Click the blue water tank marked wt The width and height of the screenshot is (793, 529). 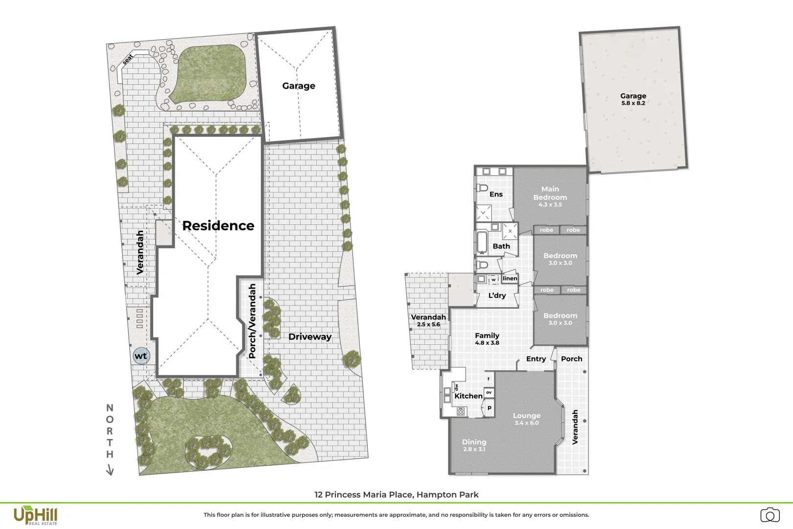point(141,356)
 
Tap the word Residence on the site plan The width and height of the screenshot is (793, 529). point(218,226)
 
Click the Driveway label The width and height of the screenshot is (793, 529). point(310,337)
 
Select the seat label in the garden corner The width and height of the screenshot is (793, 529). point(128,59)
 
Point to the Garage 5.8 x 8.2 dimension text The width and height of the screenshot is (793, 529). point(633,103)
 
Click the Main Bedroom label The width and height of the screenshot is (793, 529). point(550,193)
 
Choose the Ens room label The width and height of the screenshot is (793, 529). point(496,194)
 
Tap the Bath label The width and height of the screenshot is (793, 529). point(501,246)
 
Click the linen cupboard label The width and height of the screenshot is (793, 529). point(510,278)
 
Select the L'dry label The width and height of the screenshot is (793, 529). point(497,295)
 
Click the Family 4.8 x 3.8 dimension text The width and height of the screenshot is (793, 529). point(487,343)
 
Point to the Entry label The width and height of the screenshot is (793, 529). point(536,359)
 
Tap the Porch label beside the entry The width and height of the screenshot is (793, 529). point(571,359)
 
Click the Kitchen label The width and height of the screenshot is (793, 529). point(468,396)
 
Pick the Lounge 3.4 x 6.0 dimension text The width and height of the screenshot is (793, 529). point(527,423)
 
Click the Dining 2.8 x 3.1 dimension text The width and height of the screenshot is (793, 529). point(474,449)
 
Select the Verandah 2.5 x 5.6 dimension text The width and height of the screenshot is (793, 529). point(428,324)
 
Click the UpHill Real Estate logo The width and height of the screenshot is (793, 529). point(35,516)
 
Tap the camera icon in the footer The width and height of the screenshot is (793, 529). point(770,515)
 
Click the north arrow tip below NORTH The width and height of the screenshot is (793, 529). point(110,474)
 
